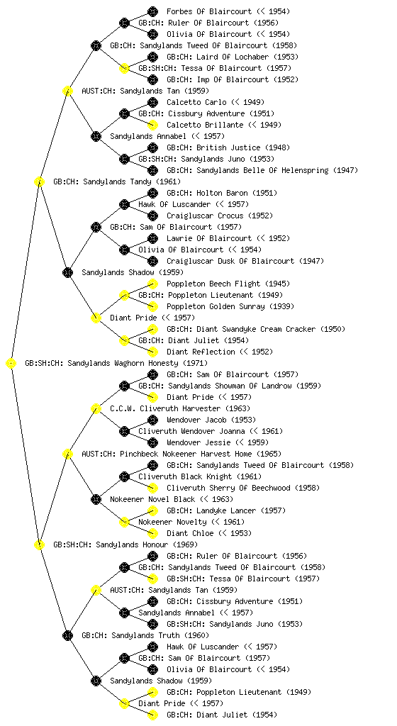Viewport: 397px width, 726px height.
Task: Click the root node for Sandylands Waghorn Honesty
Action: coord(11,364)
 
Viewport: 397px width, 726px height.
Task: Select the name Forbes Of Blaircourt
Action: coord(209,11)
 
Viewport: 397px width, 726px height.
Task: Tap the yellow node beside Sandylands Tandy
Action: coord(39,182)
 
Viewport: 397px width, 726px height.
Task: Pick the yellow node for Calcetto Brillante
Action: coord(152,125)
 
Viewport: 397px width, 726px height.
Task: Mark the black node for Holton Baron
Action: coord(152,193)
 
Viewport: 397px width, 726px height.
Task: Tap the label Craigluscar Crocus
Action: coord(205,216)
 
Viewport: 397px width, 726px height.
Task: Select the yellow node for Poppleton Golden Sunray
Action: coord(152,306)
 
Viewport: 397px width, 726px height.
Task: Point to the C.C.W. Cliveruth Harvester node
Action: coord(96,409)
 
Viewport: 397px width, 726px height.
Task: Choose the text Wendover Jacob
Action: coord(196,420)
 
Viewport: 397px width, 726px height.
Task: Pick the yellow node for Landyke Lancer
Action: coord(152,510)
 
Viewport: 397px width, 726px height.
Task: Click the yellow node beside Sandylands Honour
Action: coord(39,545)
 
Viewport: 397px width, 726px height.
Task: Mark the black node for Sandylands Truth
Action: coord(67,636)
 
